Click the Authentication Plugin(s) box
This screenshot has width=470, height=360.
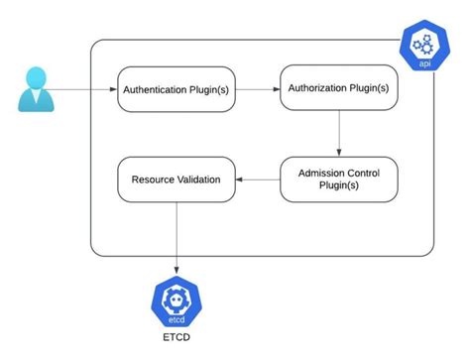click(176, 89)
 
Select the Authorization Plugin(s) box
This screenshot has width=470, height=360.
click(339, 88)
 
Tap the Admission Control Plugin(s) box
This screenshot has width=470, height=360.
click(339, 180)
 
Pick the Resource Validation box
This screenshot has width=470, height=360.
click(176, 180)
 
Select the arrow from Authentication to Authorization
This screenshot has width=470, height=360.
click(258, 89)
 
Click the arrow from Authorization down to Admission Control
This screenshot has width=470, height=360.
click(339, 134)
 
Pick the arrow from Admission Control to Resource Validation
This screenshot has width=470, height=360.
click(258, 180)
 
